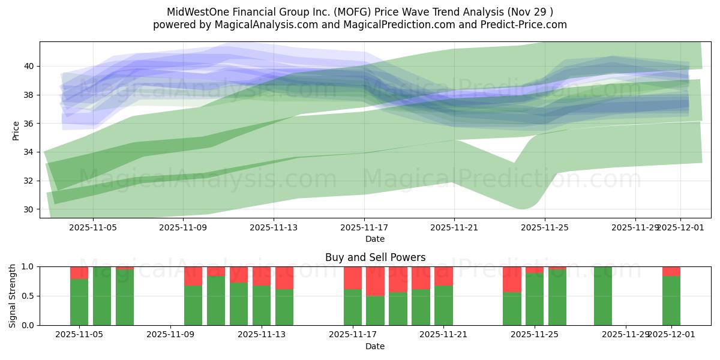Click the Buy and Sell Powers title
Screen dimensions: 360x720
(x=375, y=257)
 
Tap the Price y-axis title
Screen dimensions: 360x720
(x=16, y=130)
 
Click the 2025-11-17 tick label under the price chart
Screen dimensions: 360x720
(x=364, y=228)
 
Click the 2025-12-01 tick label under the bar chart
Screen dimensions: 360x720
(x=671, y=335)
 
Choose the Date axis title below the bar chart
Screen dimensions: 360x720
(x=375, y=346)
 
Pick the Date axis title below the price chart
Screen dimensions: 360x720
(x=375, y=239)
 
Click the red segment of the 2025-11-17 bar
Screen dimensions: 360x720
(x=353, y=278)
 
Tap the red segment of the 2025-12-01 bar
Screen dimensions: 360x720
(x=671, y=271)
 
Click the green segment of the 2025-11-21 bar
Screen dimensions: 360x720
(x=443, y=305)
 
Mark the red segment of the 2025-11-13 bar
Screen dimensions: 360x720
(x=262, y=276)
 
